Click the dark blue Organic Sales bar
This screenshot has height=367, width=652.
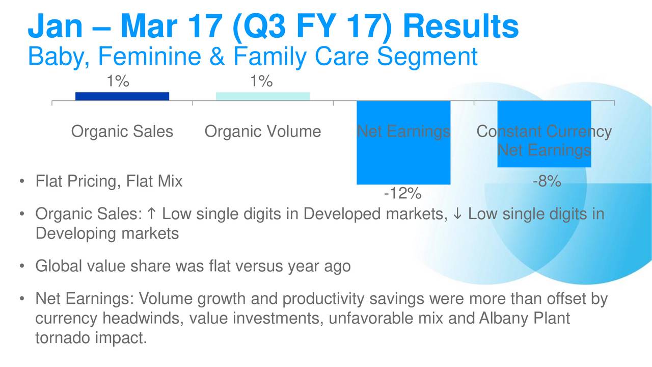(122, 96)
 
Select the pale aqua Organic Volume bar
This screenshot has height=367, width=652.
(263, 96)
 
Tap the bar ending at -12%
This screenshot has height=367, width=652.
(403, 143)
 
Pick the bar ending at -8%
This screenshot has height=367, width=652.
(545, 134)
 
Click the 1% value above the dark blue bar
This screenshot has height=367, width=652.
(118, 81)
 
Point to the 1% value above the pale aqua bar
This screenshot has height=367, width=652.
(261, 81)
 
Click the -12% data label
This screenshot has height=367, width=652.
(403, 193)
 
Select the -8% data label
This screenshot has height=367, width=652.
(547, 181)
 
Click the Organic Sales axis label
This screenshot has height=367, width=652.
(122, 132)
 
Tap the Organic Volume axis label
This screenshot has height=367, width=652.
(263, 132)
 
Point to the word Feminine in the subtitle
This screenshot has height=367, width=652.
(150, 56)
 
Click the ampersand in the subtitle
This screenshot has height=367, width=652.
(217, 56)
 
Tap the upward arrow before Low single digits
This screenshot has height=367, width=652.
(152, 214)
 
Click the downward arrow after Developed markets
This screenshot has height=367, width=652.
(457, 214)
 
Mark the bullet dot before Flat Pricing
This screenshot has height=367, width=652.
(22, 181)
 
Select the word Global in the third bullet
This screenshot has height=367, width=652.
(59, 266)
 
